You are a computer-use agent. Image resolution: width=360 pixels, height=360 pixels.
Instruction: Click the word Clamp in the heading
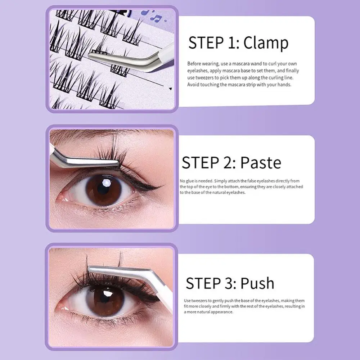(x=266, y=43)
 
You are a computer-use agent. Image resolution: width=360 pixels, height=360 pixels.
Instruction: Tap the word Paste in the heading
(x=261, y=163)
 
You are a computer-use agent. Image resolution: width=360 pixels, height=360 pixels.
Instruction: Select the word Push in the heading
(x=257, y=283)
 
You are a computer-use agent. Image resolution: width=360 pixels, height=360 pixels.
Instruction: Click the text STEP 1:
(x=214, y=43)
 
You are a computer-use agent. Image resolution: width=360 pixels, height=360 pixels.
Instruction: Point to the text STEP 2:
(x=209, y=163)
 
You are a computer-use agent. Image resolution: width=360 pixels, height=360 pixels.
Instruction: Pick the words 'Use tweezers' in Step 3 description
(x=195, y=301)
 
